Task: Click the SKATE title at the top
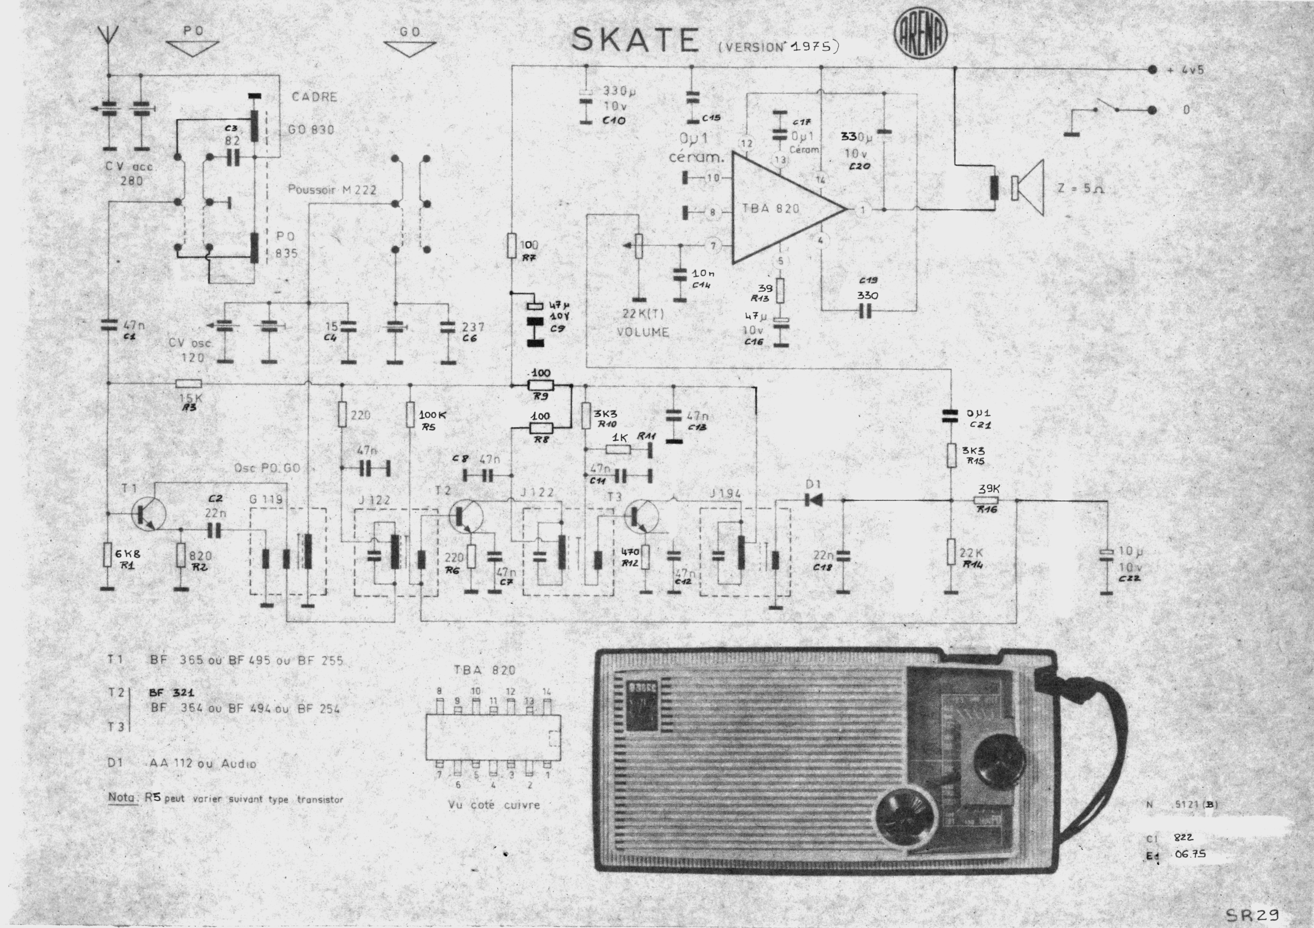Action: [635, 40]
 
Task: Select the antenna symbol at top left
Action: [106, 35]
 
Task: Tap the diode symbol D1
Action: [813, 500]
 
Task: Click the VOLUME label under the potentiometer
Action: [643, 332]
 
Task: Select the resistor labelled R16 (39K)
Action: [986, 500]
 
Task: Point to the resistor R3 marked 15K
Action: [188, 384]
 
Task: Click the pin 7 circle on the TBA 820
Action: [713, 246]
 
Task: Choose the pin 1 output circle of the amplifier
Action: [863, 210]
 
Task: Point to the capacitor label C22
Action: [1129, 578]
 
